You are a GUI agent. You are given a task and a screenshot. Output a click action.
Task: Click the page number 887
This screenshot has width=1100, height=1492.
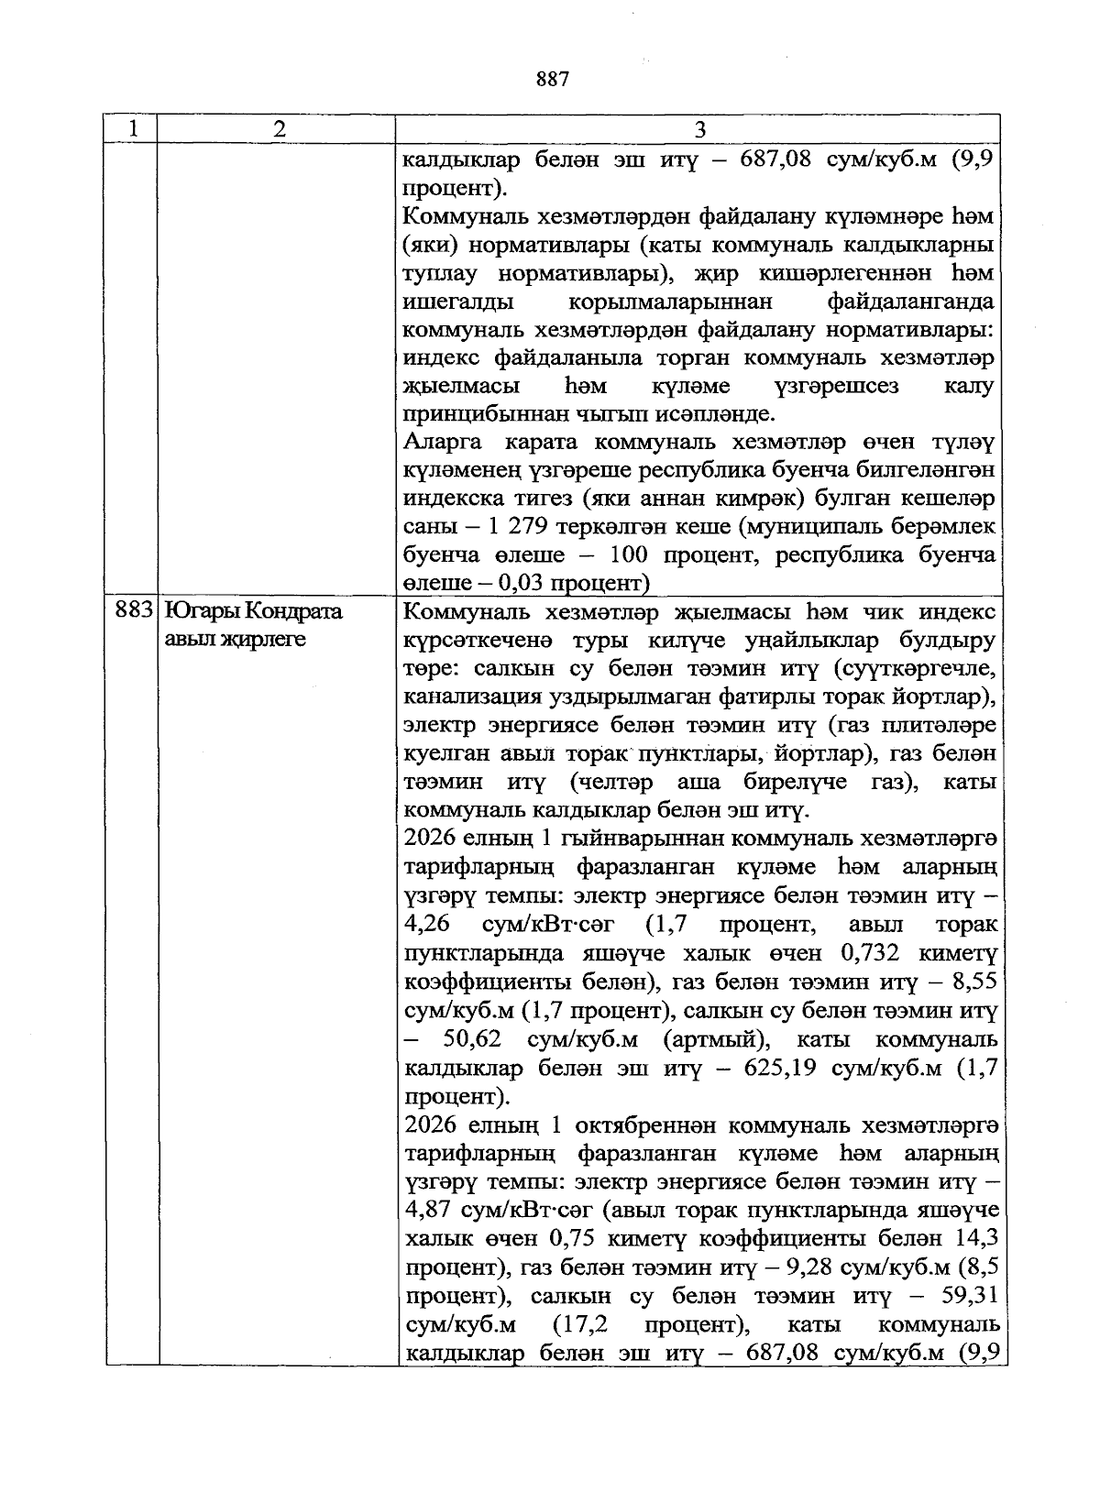point(553,80)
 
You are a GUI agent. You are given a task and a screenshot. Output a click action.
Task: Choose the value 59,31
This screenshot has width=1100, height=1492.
point(971,1297)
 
